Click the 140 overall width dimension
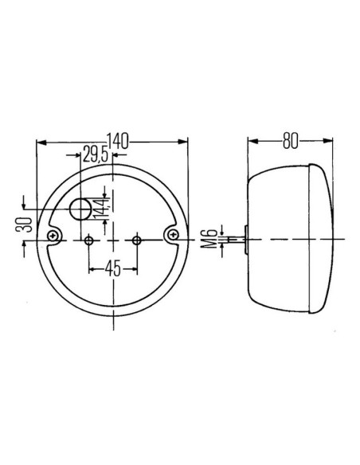116,142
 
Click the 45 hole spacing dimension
112,268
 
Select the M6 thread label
208,238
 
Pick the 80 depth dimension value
290,142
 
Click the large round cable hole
81,209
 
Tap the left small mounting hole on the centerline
89,240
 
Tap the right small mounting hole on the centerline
137,240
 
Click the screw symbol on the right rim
174,234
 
